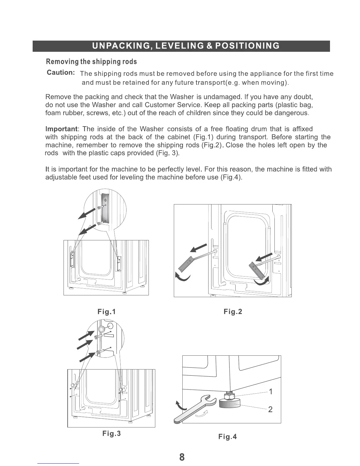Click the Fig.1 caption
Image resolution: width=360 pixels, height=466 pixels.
coord(106,312)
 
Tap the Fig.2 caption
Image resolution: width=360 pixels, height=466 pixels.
coord(233,312)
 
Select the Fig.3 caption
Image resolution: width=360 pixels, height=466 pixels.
coord(111,433)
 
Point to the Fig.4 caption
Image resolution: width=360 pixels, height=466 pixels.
coord(227,437)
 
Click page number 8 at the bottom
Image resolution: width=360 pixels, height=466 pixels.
coord(182,457)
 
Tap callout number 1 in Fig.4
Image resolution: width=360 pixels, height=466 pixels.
coord(271,392)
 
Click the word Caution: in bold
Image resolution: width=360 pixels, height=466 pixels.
coord(61,73)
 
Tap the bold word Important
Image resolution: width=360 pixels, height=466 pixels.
coord(61,129)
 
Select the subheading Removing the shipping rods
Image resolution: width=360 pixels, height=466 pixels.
coord(91,62)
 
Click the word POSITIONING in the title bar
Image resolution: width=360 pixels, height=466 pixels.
coord(247,46)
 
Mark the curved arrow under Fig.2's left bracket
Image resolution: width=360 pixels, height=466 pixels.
coord(183,277)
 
